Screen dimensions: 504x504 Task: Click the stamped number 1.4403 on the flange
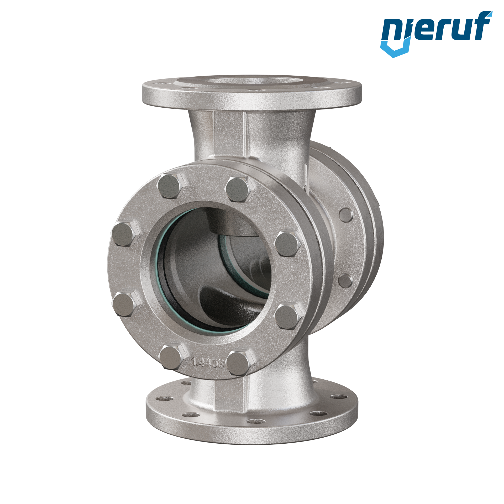pos(208,363)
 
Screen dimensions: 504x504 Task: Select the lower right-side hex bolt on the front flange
pos(289,317)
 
